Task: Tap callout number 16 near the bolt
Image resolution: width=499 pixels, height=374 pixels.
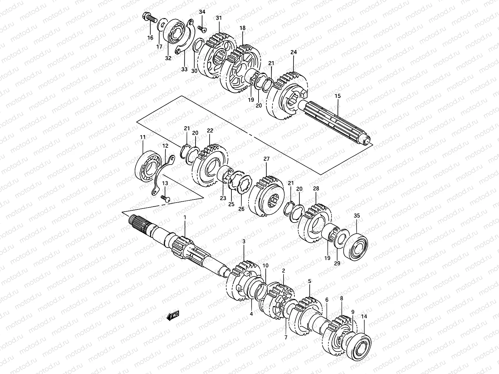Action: coord(150,38)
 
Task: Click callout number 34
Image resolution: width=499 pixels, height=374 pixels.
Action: coord(202,12)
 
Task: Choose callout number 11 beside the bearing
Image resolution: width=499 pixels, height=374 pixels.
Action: coord(143,137)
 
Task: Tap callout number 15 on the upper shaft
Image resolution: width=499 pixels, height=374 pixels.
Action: coord(338,96)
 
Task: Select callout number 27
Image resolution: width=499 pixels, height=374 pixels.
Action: coord(266,159)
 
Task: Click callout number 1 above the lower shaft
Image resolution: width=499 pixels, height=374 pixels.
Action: coord(185,217)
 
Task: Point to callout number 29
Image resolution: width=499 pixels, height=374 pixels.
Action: coord(337,263)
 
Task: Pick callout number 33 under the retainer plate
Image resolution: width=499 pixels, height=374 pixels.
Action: coord(184,69)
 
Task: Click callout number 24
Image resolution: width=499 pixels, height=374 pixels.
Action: coord(293,52)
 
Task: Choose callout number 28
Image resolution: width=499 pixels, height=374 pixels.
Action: coord(316,189)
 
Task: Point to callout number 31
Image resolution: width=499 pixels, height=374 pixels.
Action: coord(219,18)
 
